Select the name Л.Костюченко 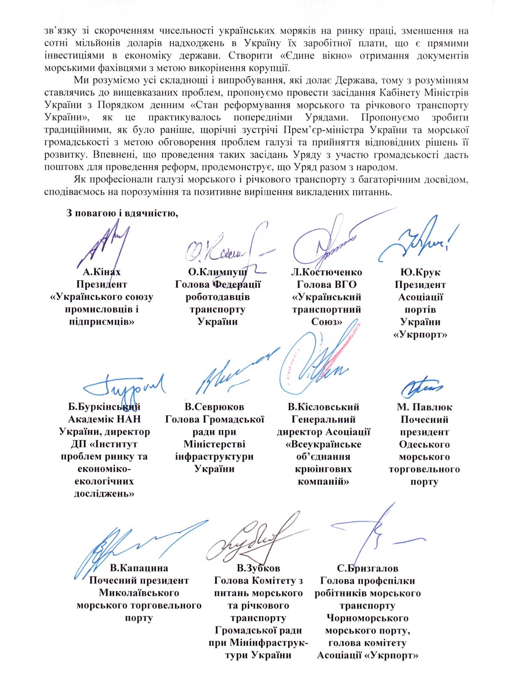(326, 272)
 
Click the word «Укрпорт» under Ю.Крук (420, 335)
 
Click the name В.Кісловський (323, 407)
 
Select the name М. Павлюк (424, 407)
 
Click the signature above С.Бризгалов (378, 539)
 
